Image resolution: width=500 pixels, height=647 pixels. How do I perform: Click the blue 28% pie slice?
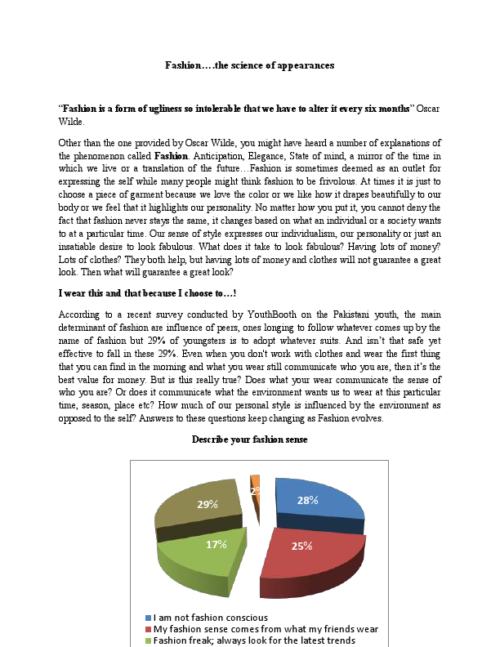[315, 500]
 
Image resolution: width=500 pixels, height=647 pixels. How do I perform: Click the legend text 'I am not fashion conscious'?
[210, 617]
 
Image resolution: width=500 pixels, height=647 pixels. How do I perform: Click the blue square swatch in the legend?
[147, 617]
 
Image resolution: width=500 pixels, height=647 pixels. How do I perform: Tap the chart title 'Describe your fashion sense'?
[249, 439]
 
